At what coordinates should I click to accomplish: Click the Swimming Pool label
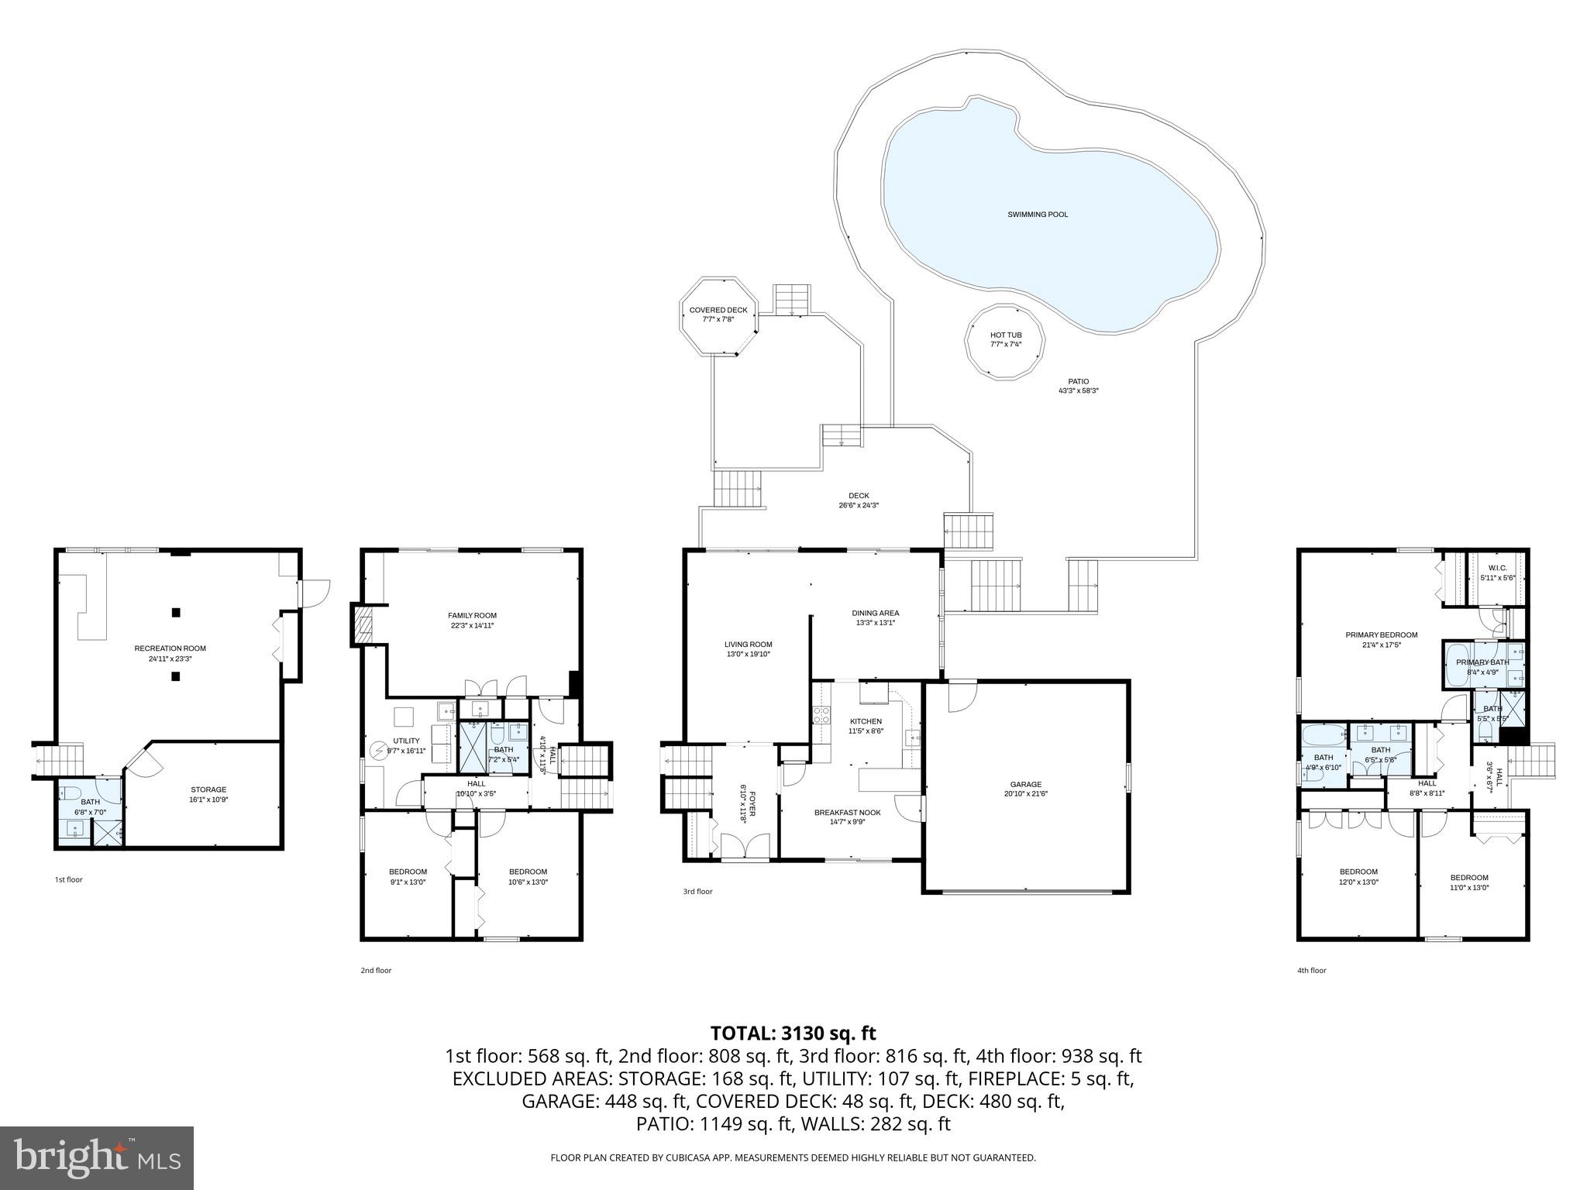[1037, 215]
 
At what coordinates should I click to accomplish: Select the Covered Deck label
[718, 310]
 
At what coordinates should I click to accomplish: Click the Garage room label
[1025, 784]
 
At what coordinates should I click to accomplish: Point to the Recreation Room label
[170, 648]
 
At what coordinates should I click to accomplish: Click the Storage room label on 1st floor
[208, 789]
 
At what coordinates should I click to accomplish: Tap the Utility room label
[406, 741]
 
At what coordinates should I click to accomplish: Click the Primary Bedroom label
[1381, 635]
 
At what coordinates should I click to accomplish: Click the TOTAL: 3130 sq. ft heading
[793, 1033]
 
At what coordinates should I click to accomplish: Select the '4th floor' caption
[1312, 970]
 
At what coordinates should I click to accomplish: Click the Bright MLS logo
[97, 1157]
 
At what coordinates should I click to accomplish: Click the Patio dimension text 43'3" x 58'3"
[1078, 391]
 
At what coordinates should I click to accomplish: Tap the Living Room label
[748, 644]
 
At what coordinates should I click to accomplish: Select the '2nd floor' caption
[376, 970]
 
